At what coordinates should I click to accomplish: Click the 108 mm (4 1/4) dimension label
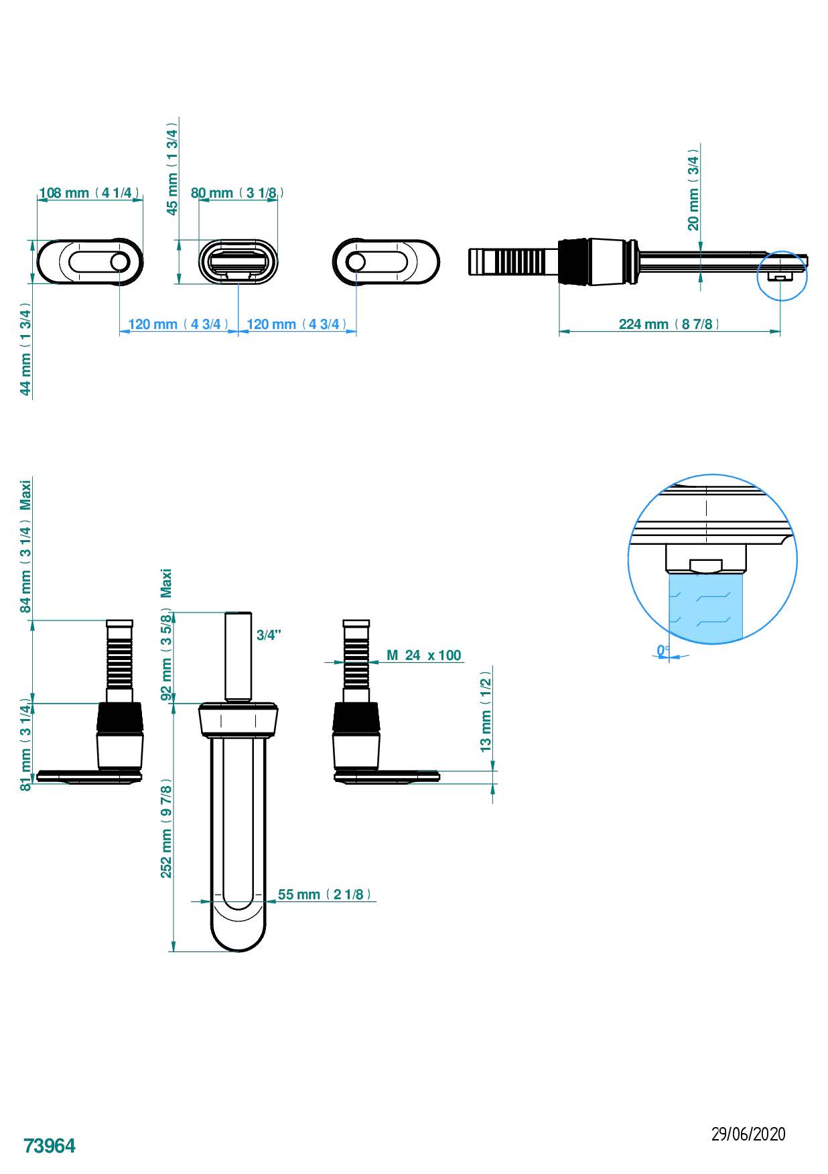tap(89, 193)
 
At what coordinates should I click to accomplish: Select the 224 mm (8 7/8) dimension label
tap(669, 324)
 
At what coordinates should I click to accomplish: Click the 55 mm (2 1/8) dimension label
tap(324, 895)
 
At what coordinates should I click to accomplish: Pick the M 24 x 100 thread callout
tap(423, 655)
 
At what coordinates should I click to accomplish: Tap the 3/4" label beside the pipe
tap(269, 635)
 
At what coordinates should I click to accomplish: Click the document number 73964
tap(50, 1147)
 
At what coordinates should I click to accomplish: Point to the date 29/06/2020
tap(748, 1134)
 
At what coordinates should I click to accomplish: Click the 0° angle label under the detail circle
tap(663, 650)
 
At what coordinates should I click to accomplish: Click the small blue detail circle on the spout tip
tap(782, 275)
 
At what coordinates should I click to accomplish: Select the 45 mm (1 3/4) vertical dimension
tap(172, 169)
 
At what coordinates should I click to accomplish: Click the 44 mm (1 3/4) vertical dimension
tap(25, 348)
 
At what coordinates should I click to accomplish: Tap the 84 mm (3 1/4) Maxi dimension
tap(25, 546)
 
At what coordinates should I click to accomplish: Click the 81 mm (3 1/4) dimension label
tap(25, 746)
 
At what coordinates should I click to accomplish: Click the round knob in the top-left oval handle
tap(119, 262)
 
